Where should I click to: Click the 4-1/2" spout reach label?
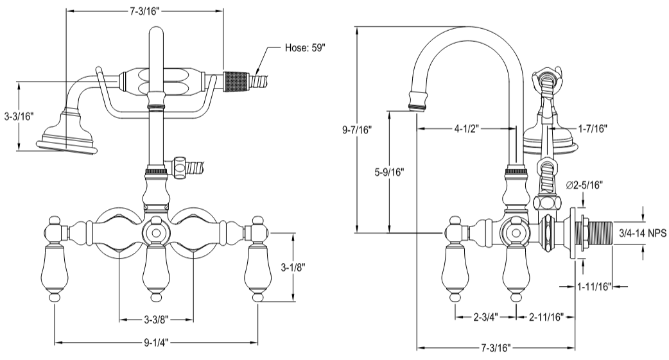466,128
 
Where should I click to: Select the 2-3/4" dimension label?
484,317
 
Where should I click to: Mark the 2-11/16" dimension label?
545,317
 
